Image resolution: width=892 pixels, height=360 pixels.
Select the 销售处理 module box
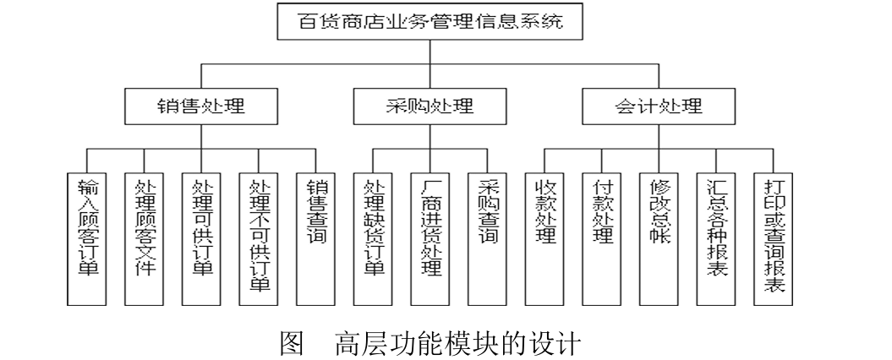coord(200,108)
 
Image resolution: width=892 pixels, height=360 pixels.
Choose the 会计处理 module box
coord(657,108)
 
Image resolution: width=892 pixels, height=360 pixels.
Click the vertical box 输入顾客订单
coord(86,237)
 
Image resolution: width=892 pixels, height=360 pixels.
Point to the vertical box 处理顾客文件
coord(144,237)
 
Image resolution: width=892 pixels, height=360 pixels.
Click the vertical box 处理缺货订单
coord(374,237)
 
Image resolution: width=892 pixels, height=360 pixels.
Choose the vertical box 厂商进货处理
coord(430,237)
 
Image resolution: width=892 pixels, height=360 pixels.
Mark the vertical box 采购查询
coord(488,237)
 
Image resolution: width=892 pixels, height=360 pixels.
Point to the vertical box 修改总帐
coord(659,237)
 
